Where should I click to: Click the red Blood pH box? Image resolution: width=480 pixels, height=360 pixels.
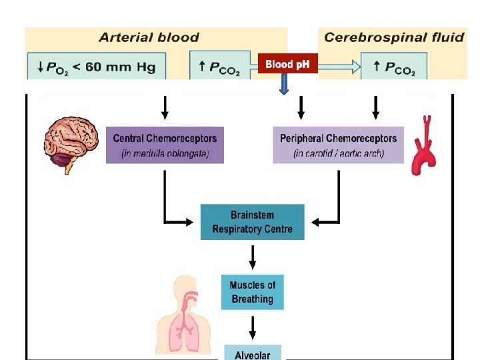coord(287,64)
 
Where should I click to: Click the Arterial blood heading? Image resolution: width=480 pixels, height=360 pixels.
coord(149,37)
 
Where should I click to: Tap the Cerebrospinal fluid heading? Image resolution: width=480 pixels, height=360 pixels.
coord(394,37)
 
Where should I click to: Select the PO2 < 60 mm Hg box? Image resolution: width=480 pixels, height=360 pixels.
coord(96,66)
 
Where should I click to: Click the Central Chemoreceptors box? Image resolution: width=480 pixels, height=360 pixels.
coord(165,145)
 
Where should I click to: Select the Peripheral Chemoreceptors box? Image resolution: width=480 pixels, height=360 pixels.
coord(338,145)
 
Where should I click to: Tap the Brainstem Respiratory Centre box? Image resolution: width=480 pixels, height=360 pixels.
coord(252,222)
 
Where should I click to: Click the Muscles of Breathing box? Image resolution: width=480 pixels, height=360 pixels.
coord(252,292)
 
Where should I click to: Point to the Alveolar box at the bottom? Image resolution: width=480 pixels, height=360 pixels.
coord(252,353)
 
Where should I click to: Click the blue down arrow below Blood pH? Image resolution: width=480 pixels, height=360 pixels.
coord(283,83)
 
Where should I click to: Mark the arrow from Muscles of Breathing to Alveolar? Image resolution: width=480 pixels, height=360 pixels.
coord(252,326)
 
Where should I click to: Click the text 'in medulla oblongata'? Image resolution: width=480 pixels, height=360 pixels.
coord(165,154)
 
